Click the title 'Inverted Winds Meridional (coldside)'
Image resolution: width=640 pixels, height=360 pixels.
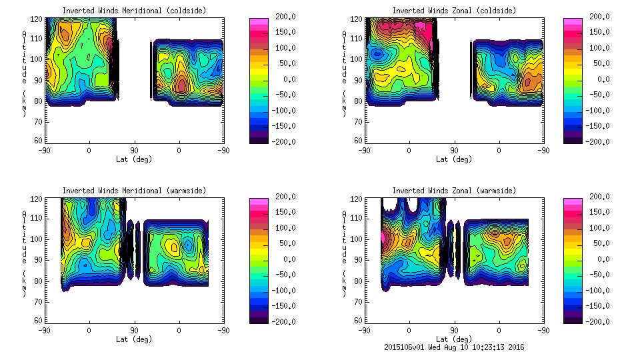pos(134,10)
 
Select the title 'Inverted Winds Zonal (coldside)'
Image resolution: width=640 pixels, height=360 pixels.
pos(454,10)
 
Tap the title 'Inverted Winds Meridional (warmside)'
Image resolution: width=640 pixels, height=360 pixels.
pos(134,190)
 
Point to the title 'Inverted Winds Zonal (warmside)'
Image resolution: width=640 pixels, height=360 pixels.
pos(454,190)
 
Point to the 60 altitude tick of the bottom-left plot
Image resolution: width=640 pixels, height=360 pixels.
pos(38,321)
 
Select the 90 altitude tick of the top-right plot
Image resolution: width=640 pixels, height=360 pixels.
pos(358,79)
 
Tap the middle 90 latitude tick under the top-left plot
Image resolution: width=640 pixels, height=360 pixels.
pos(134,150)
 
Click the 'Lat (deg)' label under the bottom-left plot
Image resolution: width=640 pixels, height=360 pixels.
pos(134,339)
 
